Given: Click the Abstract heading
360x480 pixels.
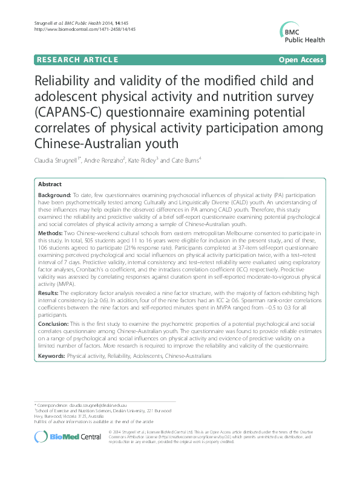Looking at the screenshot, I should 50,184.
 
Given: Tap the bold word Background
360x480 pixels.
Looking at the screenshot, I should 54,196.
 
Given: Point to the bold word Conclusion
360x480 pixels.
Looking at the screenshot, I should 54,324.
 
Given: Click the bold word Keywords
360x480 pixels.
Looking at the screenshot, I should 51,356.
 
